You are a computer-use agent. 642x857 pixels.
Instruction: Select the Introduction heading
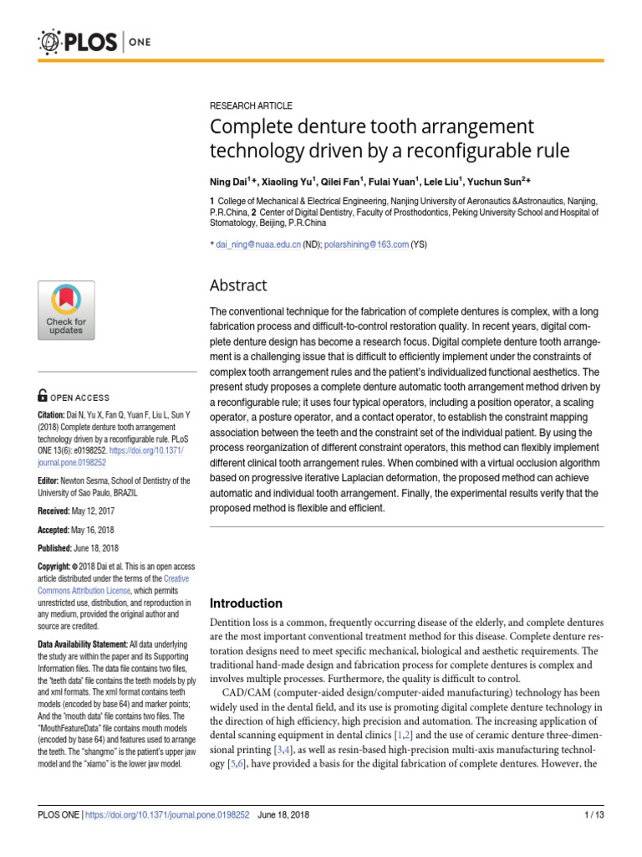click(246, 603)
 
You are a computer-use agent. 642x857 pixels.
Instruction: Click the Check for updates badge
click(65, 310)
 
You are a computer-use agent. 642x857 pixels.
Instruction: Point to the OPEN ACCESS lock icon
click(43, 397)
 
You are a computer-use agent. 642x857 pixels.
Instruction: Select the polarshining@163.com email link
click(368, 244)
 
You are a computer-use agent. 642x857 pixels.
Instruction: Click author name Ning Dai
click(231, 181)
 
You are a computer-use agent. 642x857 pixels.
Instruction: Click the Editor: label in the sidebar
click(48, 480)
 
